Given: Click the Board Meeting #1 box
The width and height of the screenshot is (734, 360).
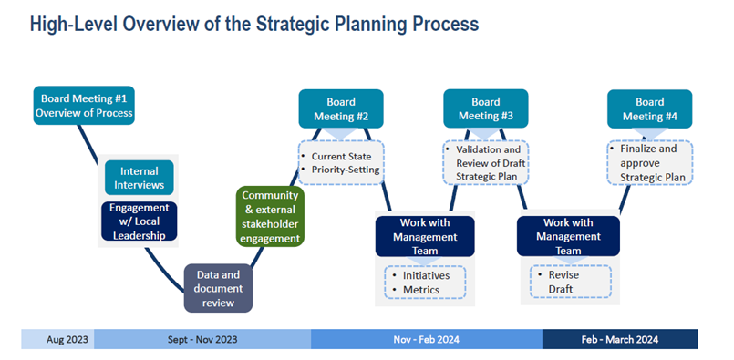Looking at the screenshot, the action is coord(84,106).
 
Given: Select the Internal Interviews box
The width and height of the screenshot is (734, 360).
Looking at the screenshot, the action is coord(139,178).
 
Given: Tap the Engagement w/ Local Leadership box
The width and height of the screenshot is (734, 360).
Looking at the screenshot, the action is coord(139,221).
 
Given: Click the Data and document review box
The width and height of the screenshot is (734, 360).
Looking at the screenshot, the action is coord(218,288).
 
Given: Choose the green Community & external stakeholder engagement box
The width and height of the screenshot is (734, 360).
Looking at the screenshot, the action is coord(270,216).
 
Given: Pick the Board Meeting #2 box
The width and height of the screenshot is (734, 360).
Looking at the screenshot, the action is coord(341,108).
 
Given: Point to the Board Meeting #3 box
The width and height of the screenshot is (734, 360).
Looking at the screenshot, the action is coord(486,108).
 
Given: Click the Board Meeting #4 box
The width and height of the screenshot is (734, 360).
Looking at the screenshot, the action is coord(650,108).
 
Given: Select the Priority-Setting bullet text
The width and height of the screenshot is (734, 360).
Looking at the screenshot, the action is coord(346,170).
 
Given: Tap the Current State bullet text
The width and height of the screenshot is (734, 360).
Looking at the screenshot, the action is coord(341,157).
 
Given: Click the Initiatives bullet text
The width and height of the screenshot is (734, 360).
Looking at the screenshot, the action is coord(426,275).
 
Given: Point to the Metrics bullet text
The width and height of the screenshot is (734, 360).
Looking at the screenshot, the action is coord(421,290).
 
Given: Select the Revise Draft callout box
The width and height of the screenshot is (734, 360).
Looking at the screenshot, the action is coord(571,282).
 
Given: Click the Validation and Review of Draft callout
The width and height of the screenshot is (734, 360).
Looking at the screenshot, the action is coord(486,162).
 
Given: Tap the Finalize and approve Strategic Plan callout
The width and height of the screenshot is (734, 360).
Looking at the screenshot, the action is coord(650,162).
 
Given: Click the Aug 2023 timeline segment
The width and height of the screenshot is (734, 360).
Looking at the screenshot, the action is coord(57,339).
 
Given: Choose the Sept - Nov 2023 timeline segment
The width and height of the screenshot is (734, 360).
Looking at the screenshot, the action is coord(202,339).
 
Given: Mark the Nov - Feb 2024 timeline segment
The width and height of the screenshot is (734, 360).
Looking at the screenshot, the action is coord(427,339).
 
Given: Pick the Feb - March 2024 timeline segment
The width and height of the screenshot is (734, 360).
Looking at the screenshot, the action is coord(620,339).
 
